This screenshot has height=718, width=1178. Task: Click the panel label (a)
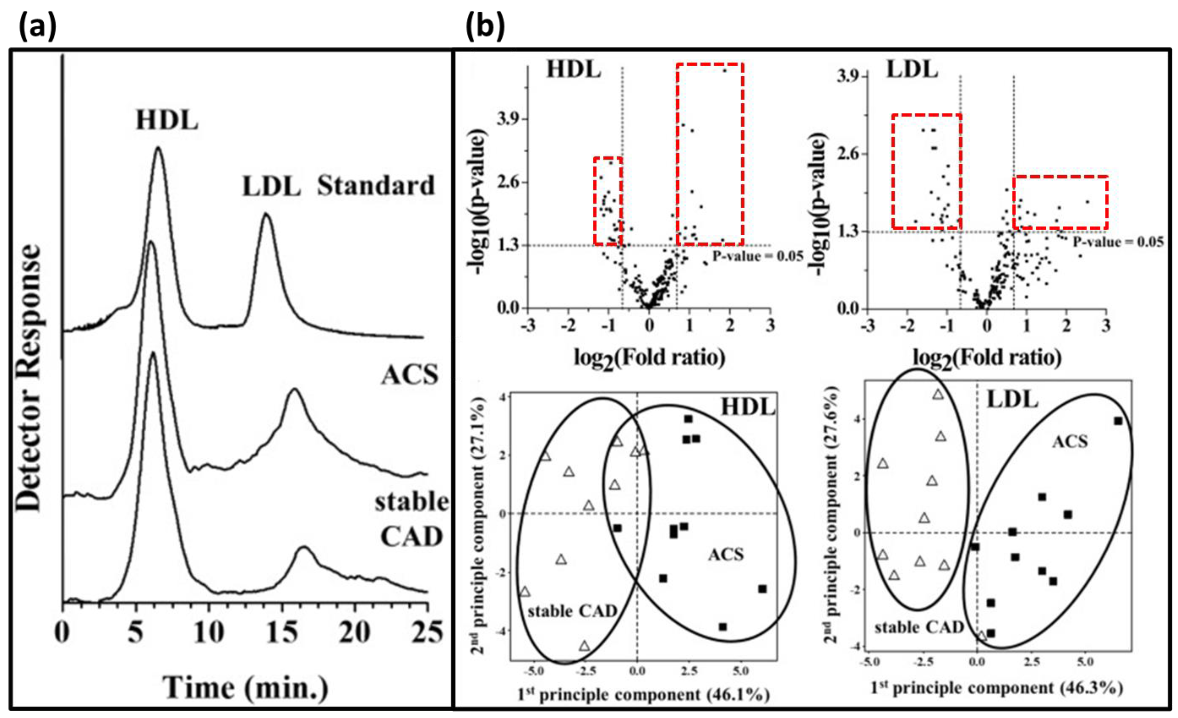37,27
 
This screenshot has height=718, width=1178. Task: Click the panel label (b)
485,27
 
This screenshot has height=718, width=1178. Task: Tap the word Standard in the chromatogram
376,186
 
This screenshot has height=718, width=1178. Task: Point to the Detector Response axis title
29,378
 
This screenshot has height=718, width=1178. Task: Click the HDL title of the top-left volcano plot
574,70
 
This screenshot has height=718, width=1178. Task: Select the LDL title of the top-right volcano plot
912,70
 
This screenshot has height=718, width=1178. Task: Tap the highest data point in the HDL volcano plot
725,70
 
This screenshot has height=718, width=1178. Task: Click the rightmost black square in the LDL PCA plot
1118,421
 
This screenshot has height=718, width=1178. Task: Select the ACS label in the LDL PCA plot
1070,441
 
